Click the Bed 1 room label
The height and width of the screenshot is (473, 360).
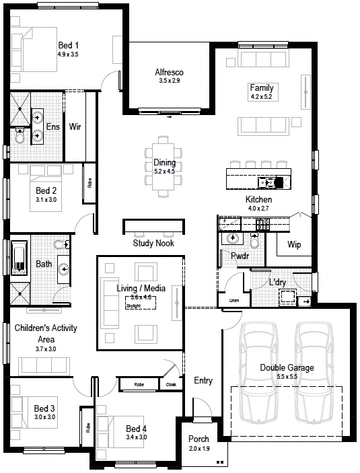click(68, 45)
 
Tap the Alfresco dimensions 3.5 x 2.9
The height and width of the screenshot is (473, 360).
click(170, 81)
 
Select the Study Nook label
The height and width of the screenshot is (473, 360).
click(153, 243)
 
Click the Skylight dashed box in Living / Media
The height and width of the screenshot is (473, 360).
click(141, 303)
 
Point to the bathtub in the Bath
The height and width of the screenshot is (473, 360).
click(20, 258)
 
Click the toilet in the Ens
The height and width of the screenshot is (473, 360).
click(20, 135)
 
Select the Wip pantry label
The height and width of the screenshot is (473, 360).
click(294, 244)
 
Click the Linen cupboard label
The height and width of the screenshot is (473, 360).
click(234, 301)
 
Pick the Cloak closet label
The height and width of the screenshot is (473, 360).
click(171, 384)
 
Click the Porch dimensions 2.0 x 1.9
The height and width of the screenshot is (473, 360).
click(199, 449)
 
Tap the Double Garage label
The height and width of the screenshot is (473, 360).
click(287, 367)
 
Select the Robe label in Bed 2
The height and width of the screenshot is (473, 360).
click(89, 183)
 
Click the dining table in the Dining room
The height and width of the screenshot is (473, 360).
click(164, 166)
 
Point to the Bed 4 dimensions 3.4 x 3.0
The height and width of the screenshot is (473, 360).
click(137, 437)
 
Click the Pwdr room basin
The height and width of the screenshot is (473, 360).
click(232, 238)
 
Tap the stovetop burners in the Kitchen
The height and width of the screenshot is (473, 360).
click(262, 225)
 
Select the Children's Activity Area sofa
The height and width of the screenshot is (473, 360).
click(44, 366)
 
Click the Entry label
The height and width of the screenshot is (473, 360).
click(203, 380)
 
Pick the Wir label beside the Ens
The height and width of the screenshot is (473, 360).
click(75, 126)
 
